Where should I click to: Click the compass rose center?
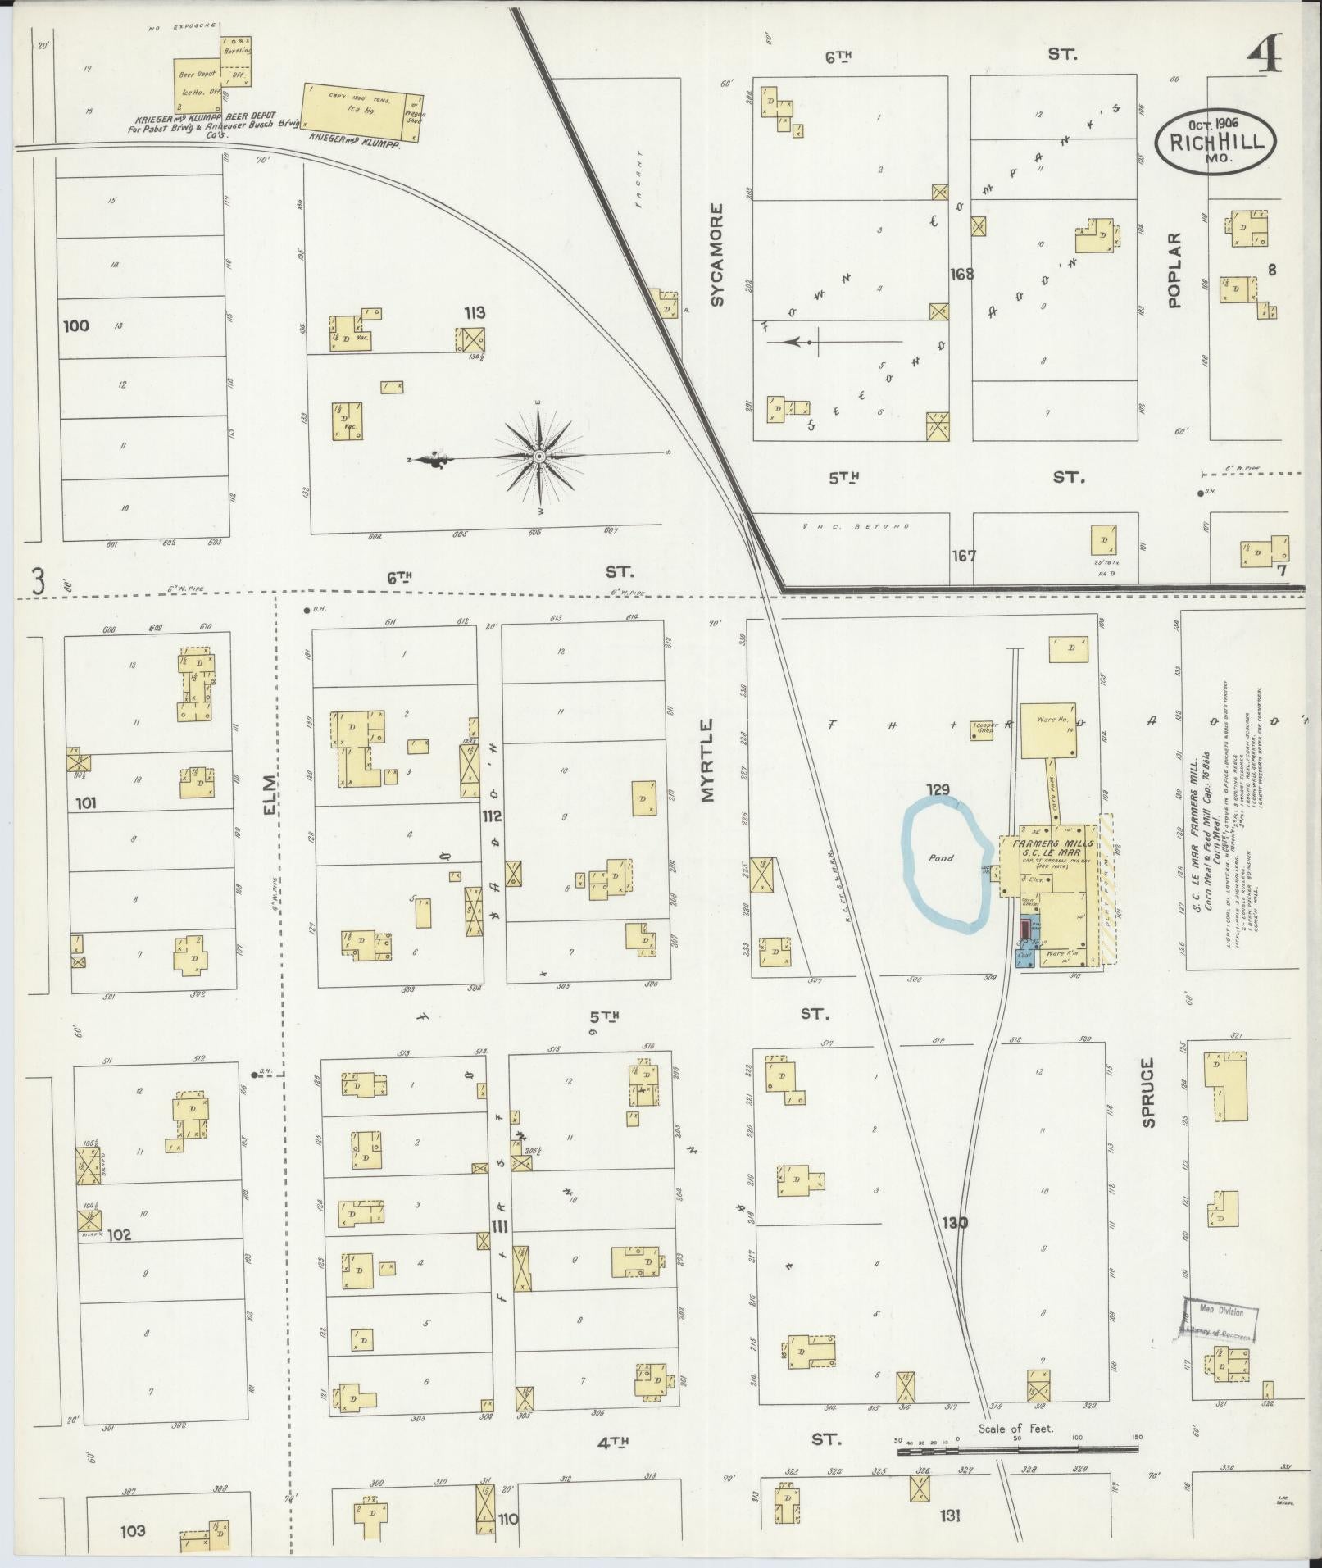(x=539, y=456)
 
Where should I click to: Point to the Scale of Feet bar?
(x=1017, y=1450)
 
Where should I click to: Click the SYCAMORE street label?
(x=718, y=255)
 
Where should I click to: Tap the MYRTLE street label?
(x=707, y=759)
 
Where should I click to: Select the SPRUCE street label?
(x=1147, y=1092)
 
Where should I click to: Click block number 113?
(x=474, y=311)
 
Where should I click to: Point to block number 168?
(x=961, y=274)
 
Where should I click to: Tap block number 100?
(x=75, y=325)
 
